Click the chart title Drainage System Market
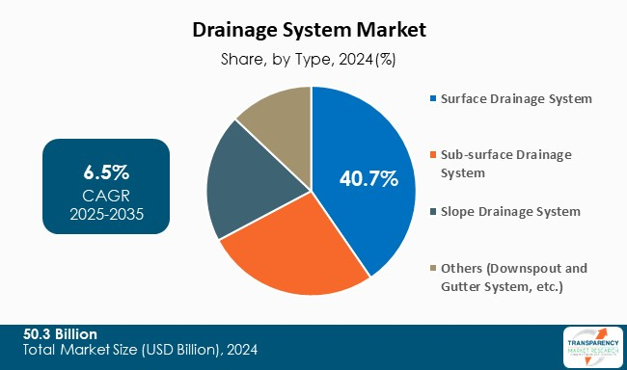click(x=313, y=30)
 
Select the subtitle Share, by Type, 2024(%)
click(x=313, y=60)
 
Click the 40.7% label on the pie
click(x=368, y=178)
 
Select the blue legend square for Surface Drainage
click(x=433, y=98)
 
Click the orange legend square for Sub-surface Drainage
click(x=433, y=154)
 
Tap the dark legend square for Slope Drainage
click(x=433, y=211)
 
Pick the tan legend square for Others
click(x=433, y=268)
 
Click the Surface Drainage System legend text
click(x=516, y=98)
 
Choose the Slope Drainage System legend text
click(x=511, y=211)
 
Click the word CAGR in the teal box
click(x=106, y=195)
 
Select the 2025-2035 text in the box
click(x=106, y=214)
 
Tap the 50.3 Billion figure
click(x=61, y=333)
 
